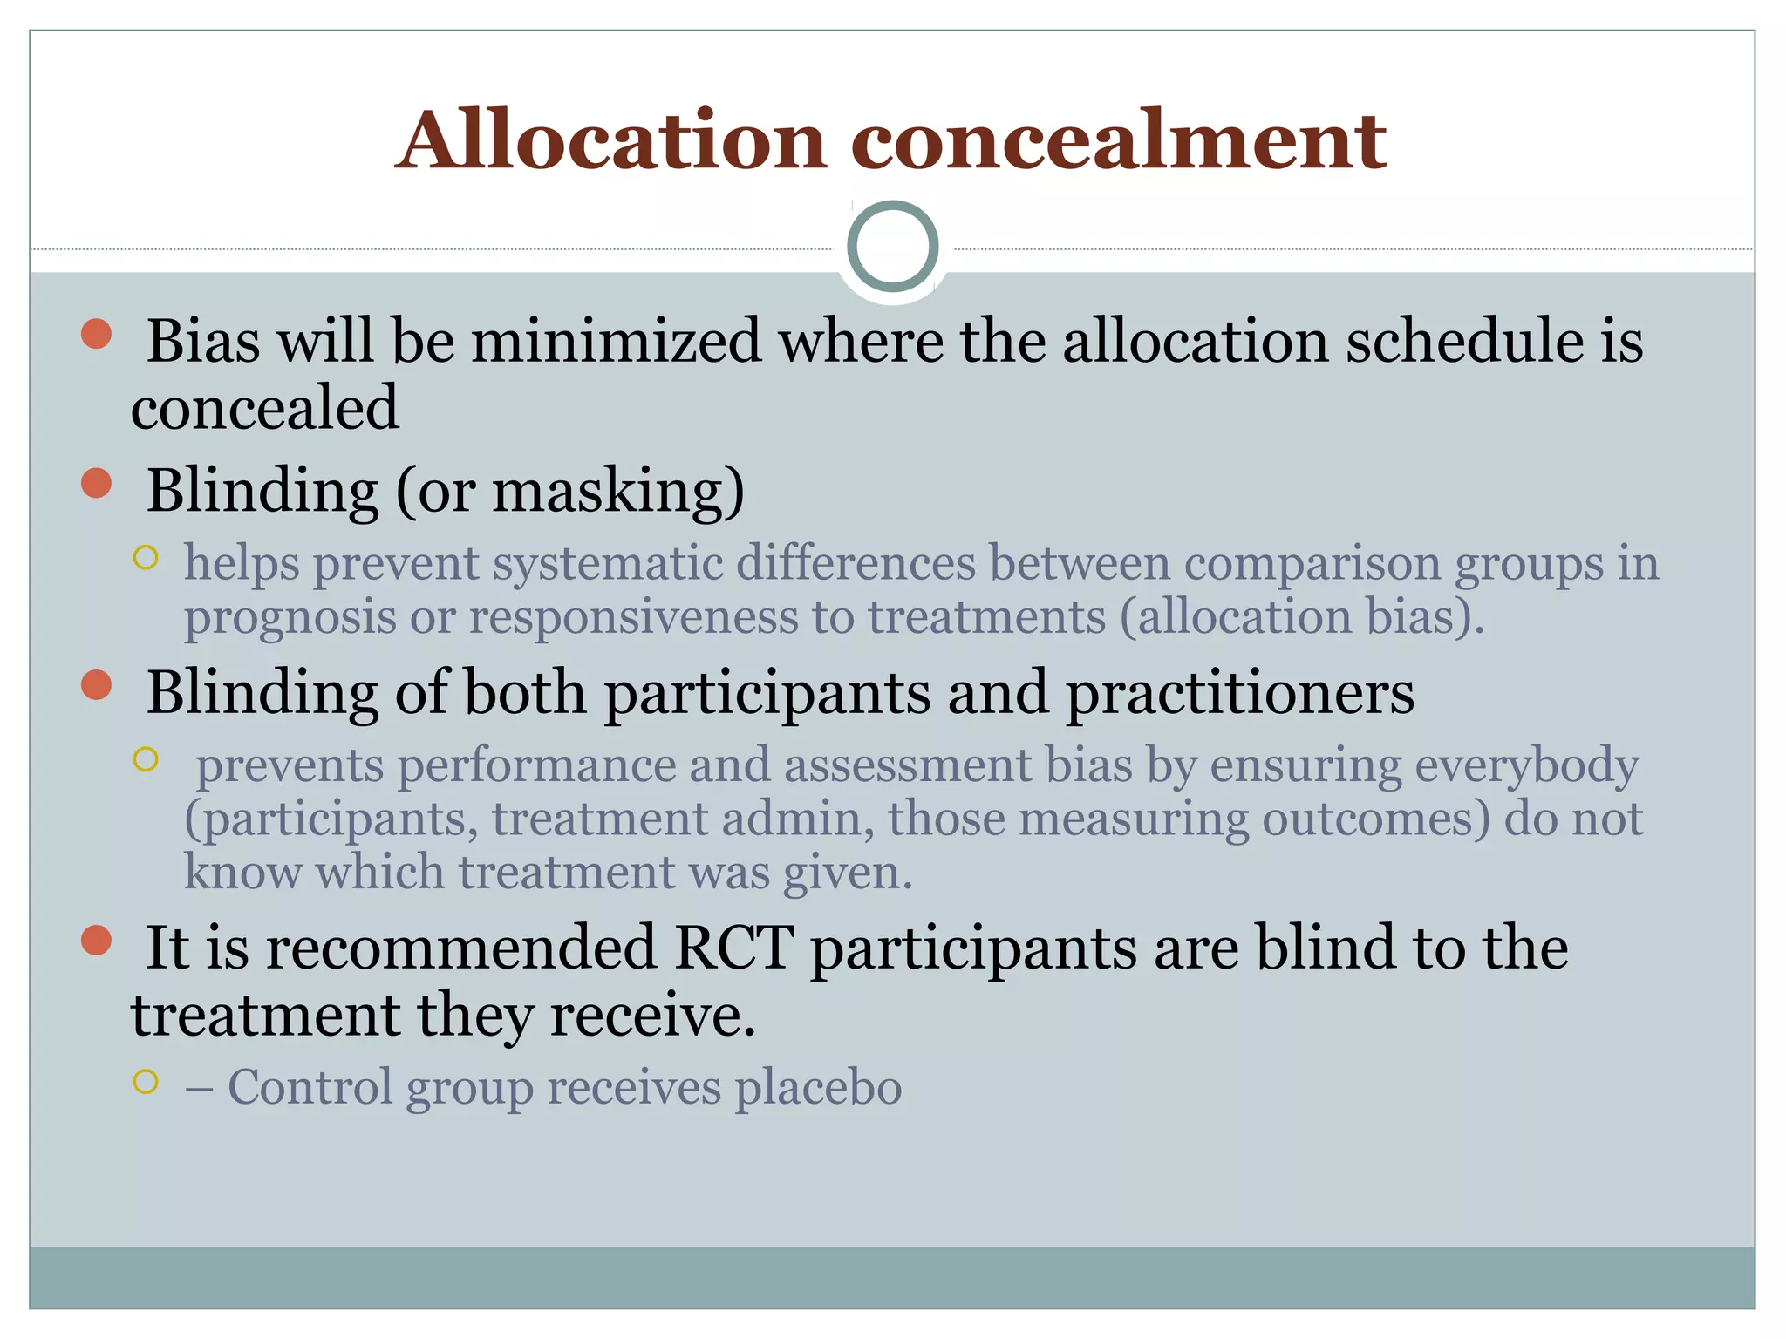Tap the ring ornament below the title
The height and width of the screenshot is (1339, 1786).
pyautogui.click(x=892, y=246)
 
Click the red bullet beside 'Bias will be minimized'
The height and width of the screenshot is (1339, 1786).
pyautogui.click(x=97, y=334)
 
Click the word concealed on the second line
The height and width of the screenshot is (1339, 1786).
pyautogui.click(x=264, y=408)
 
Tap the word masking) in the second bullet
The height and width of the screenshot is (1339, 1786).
pyautogui.click(x=618, y=491)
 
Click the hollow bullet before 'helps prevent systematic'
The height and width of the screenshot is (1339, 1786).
pyautogui.click(x=146, y=558)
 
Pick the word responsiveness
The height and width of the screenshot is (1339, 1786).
pyautogui.click(x=634, y=618)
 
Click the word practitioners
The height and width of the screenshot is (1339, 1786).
pyautogui.click(x=1240, y=693)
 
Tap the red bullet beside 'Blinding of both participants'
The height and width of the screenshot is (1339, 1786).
pyautogui.click(x=97, y=685)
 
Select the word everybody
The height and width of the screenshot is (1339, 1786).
pyautogui.click(x=1526, y=766)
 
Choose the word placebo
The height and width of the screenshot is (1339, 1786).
pyautogui.click(x=817, y=1088)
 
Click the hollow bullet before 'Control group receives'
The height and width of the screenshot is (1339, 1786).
pyautogui.click(x=146, y=1082)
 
